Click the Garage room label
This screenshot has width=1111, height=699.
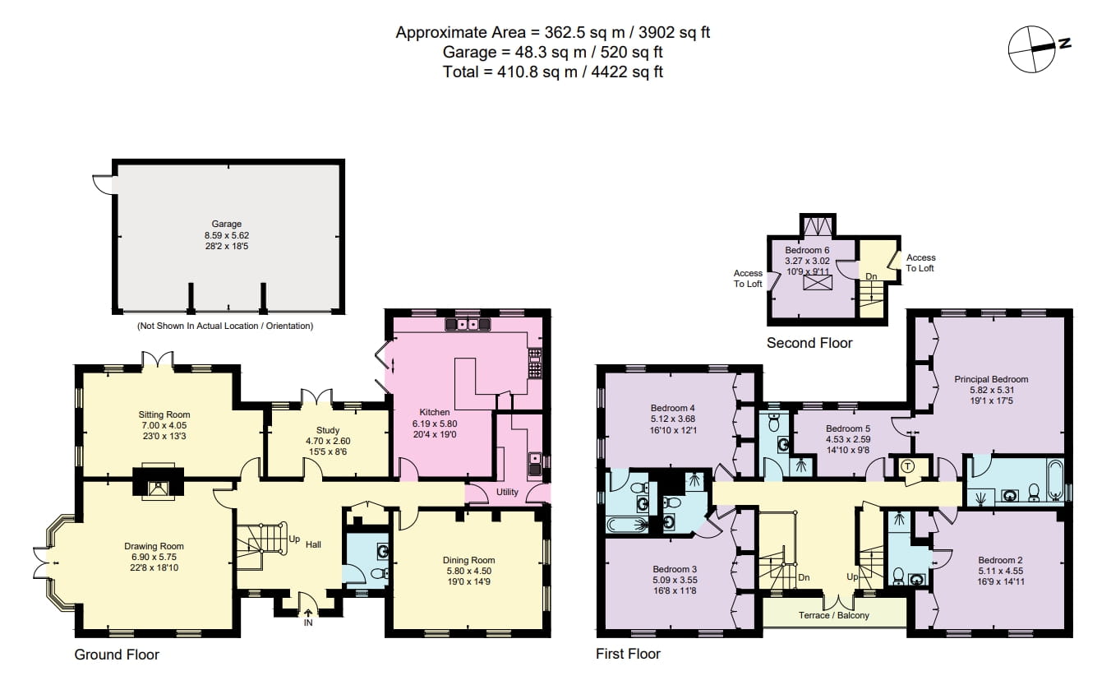[x=227, y=224]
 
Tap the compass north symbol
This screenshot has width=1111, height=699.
[x=1032, y=49]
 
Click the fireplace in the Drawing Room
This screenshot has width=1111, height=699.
[x=157, y=488]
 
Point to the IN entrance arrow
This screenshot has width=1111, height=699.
[x=308, y=612]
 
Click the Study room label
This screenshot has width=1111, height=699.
[x=327, y=430]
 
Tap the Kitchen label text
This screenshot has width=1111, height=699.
[x=435, y=412]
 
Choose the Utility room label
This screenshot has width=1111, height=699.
[x=507, y=493]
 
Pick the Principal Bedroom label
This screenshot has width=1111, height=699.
[x=990, y=379]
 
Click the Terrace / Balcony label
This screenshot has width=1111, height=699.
[x=833, y=615]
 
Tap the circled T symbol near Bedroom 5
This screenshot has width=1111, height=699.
[x=908, y=466]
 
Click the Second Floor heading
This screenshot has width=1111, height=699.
[x=809, y=343]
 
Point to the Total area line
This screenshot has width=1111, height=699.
[x=552, y=72]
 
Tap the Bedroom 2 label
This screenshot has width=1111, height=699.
[x=1000, y=560]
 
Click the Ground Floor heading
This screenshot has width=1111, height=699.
[x=117, y=655]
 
